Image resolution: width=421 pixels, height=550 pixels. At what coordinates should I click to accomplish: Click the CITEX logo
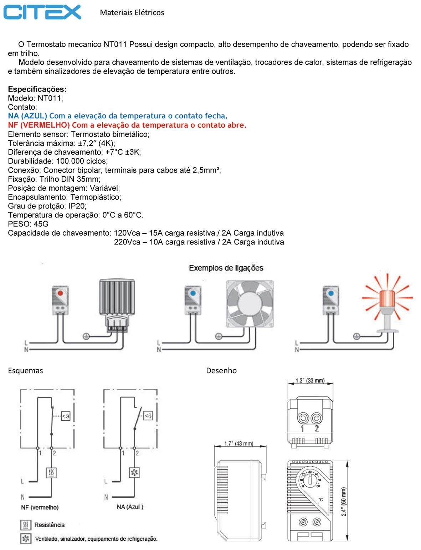click(42, 12)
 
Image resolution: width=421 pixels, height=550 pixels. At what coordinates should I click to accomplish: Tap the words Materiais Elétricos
click(132, 12)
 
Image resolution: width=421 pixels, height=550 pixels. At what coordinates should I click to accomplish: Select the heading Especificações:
click(37, 89)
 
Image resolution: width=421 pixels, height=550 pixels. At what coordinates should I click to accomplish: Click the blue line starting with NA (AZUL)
click(118, 116)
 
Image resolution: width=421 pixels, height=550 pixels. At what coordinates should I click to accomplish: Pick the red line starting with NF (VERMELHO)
click(127, 125)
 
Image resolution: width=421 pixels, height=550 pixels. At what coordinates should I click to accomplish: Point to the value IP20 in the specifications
click(77, 206)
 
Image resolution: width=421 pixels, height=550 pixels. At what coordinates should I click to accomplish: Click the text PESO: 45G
click(28, 224)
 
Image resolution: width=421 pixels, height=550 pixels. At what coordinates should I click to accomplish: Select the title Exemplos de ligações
click(226, 268)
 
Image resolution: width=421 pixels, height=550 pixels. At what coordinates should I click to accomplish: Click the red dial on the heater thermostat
click(60, 293)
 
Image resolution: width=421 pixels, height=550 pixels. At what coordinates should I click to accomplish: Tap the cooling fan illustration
click(250, 304)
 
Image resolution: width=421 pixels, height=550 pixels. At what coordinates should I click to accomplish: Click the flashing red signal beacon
click(387, 301)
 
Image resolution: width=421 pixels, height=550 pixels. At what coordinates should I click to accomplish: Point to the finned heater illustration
click(117, 306)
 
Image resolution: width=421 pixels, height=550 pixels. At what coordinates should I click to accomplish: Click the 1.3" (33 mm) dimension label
click(310, 381)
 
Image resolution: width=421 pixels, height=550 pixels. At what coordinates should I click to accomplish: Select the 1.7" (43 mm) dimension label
click(238, 443)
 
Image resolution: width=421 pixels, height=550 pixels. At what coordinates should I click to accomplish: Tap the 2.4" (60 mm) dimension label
click(344, 502)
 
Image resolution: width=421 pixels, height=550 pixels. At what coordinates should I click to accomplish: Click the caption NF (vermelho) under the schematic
click(40, 507)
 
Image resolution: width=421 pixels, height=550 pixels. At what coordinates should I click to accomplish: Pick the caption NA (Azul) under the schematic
click(130, 507)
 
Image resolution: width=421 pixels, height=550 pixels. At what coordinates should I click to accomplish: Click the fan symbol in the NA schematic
click(134, 473)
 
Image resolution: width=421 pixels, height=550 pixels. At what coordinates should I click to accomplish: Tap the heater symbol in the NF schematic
click(51, 473)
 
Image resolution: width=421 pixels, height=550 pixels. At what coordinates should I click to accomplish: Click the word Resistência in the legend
click(49, 525)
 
